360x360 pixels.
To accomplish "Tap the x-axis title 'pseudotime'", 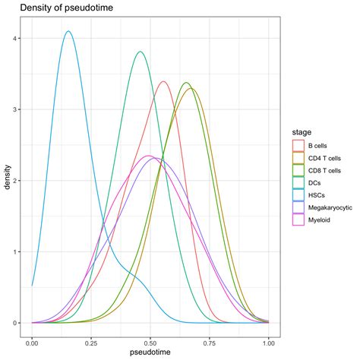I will (x=150, y=354).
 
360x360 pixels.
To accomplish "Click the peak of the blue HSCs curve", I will (x=68, y=32).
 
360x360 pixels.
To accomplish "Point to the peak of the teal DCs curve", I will (x=140, y=52).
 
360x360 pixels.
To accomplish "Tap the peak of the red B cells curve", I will (x=163, y=81).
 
